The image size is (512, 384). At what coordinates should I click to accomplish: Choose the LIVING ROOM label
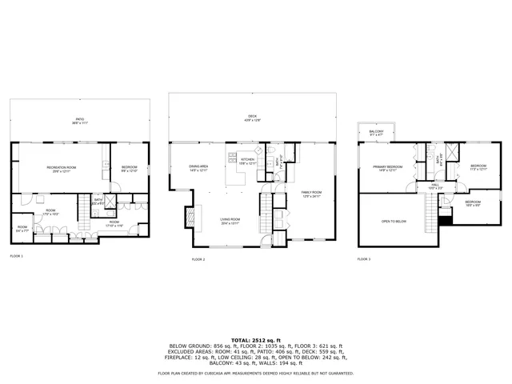(230, 221)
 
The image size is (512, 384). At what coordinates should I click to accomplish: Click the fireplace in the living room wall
(189, 218)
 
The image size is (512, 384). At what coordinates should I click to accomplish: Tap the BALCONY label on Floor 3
(376, 133)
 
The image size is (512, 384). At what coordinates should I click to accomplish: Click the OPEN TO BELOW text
(394, 221)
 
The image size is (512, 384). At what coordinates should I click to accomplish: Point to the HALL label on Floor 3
(435, 186)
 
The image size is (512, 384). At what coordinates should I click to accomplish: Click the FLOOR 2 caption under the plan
(198, 260)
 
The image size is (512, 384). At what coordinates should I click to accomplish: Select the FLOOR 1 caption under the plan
(17, 256)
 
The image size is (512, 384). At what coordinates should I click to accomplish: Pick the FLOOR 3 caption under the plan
(364, 259)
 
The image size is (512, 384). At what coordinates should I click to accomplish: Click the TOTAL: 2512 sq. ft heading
(255, 340)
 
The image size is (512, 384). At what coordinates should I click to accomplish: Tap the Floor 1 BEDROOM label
(129, 169)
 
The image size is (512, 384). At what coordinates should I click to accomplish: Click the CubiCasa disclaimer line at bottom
(255, 374)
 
